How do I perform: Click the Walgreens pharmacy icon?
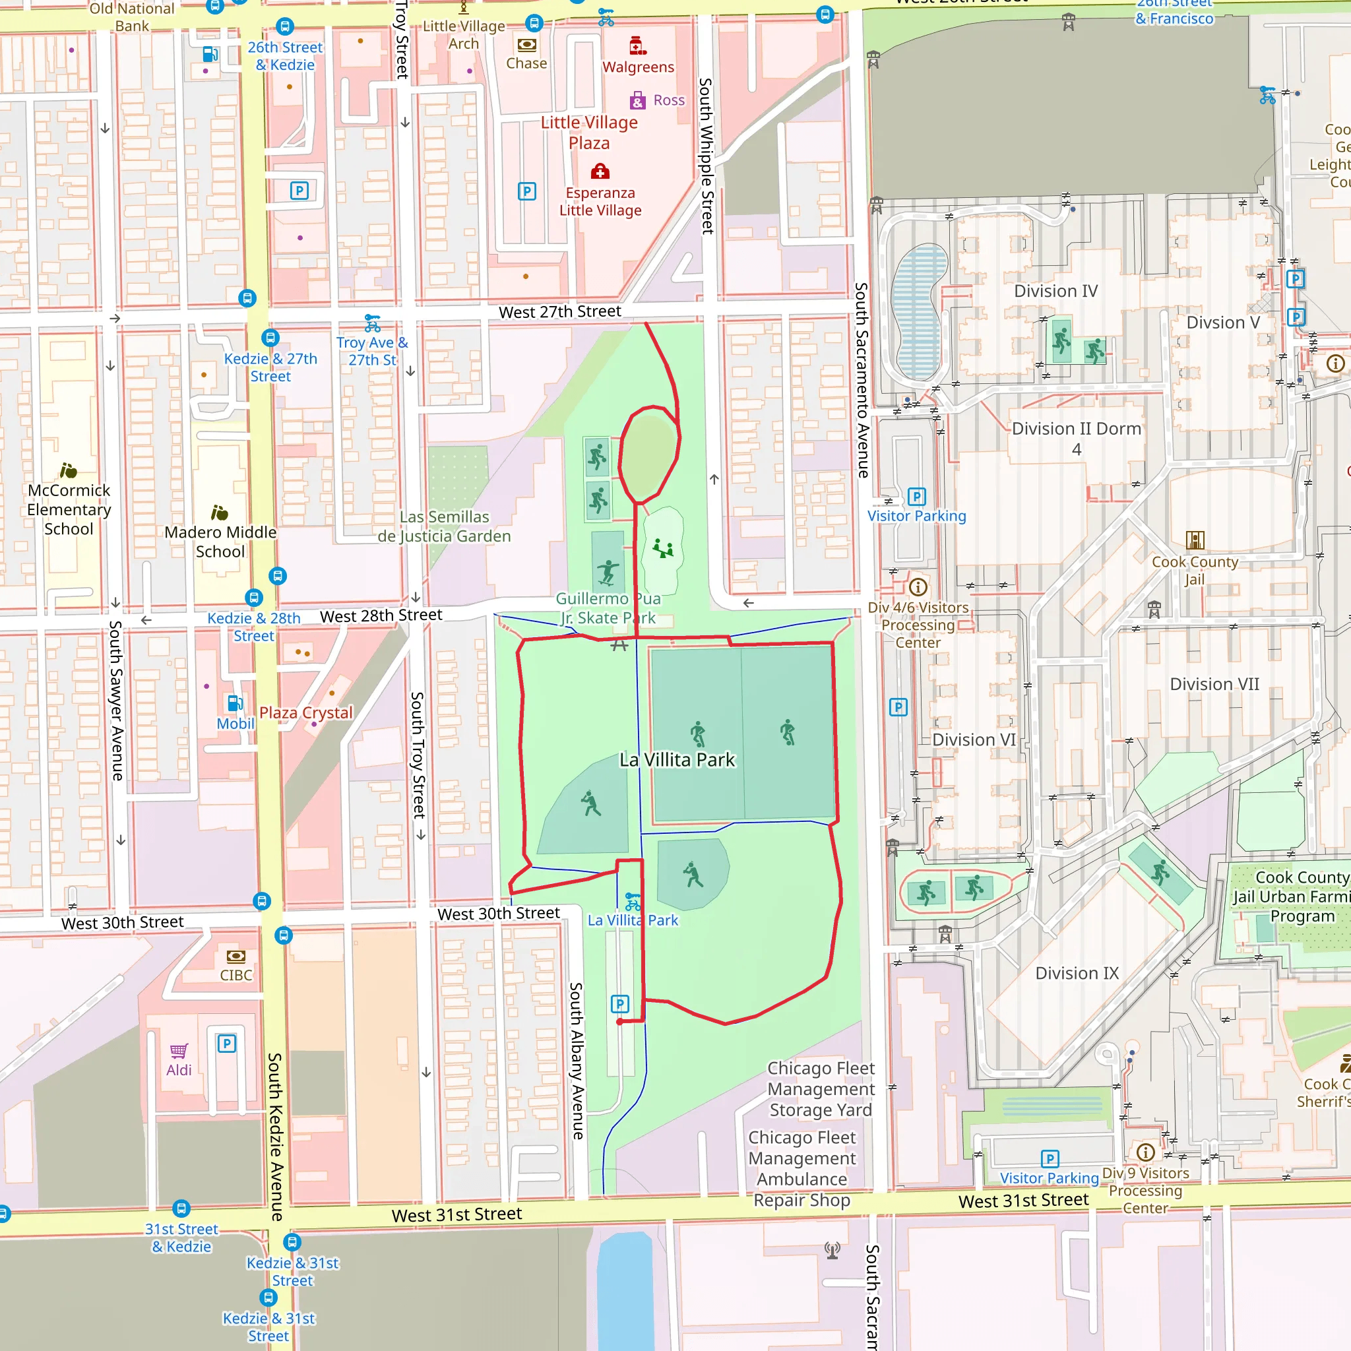(637, 46)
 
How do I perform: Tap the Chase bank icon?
(526, 45)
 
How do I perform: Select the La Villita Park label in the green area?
(677, 759)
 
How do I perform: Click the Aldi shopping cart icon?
(179, 1051)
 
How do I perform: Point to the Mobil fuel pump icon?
(235, 703)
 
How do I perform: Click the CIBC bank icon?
(236, 956)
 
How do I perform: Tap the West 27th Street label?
(559, 312)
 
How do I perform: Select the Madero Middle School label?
(220, 542)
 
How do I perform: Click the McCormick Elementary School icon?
(68, 470)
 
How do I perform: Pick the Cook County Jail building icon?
(1195, 540)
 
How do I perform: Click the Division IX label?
(1077, 974)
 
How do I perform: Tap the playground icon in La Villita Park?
(663, 549)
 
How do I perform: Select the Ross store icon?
(637, 101)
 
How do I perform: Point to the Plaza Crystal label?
(305, 712)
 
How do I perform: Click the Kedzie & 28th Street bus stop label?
(254, 627)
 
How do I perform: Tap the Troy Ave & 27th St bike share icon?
(373, 324)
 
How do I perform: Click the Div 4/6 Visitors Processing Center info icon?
(918, 586)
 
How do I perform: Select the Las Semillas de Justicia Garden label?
(444, 526)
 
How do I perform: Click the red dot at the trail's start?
(619, 1022)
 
